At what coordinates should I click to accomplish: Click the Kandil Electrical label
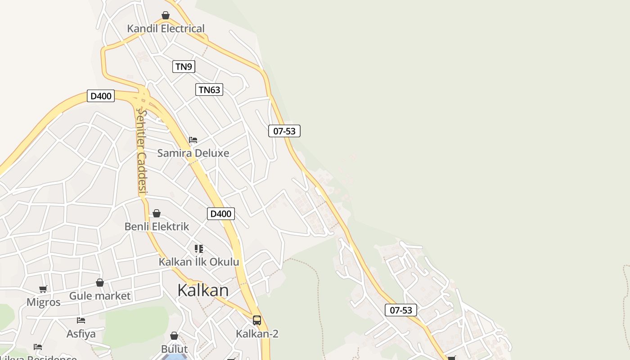coord(166,29)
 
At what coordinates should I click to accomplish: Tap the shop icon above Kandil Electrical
coord(166,15)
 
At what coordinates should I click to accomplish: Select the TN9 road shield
coord(184,67)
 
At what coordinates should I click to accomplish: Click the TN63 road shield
coord(209,90)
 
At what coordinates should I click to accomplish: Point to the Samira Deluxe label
coord(193,153)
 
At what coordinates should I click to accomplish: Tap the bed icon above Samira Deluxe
coord(193,140)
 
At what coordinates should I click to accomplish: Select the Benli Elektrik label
coord(157,226)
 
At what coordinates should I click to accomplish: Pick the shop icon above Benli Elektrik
coord(157,213)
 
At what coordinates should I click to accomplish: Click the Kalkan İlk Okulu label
coord(199,261)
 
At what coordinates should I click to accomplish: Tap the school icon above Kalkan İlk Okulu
coord(199,248)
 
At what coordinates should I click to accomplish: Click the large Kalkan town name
coord(203,290)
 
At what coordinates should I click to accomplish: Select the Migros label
coord(43,302)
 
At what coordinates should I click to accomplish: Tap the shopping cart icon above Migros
coord(43,289)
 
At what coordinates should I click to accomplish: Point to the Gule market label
coord(100,296)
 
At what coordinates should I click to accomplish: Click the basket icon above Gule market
coord(100,283)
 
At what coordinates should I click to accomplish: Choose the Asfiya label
coord(81,333)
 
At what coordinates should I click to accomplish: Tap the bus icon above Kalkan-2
coord(257,320)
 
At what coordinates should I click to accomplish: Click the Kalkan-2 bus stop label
coord(257,333)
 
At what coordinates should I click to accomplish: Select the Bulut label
coord(174,349)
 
